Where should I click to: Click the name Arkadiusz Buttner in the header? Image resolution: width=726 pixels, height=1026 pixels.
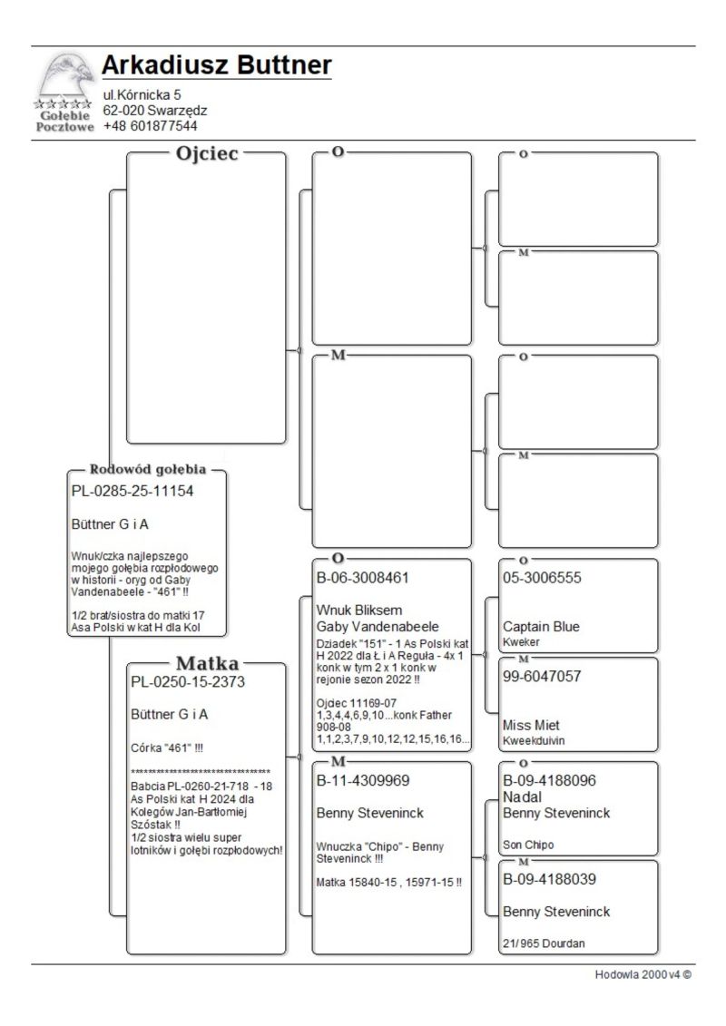[x=216, y=65]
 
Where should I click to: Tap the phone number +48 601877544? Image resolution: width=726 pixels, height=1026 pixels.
[x=150, y=126]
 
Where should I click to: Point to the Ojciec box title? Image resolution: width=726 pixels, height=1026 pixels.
[x=206, y=153]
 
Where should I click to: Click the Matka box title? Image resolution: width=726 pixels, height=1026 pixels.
[x=207, y=662]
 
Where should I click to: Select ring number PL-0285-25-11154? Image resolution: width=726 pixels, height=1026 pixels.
[x=132, y=491]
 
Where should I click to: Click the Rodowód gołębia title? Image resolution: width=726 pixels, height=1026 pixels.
[x=148, y=470]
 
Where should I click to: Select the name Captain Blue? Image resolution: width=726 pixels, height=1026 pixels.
[x=541, y=627]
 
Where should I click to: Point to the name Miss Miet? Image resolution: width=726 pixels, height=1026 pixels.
[x=531, y=726]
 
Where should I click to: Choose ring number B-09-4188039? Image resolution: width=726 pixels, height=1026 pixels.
[x=554, y=879]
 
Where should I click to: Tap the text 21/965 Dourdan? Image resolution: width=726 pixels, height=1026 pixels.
[x=544, y=943]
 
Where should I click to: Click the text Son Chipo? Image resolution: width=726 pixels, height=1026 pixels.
[x=528, y=845]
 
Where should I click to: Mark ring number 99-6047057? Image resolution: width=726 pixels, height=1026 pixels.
[x=542, y=677]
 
